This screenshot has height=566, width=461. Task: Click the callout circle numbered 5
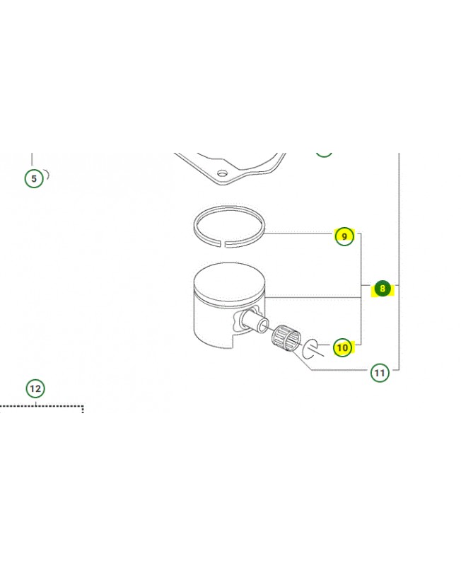coord(34,178)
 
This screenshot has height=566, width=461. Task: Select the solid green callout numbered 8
coord(383,288)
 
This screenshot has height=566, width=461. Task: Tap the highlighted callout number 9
coord(344,236)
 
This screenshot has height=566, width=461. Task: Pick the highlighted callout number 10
coord(342,347)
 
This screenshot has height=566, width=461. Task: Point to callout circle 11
coord(380,373)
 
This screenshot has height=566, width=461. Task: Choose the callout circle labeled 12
coord(35,388)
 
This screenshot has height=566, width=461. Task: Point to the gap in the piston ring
coord(222,244)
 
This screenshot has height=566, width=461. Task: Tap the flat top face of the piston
coord(229,282)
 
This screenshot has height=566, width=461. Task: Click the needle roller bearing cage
coord(286,337)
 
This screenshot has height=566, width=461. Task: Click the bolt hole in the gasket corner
coord(223,173)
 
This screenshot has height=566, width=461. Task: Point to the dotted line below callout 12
coord(42,406)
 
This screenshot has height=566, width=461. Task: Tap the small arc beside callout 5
coord(47,175)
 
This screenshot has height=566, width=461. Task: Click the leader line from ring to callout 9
coord(299,233)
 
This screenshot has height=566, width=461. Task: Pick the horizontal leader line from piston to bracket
coord(313,297)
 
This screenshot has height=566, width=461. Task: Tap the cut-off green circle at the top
coord(324,154)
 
